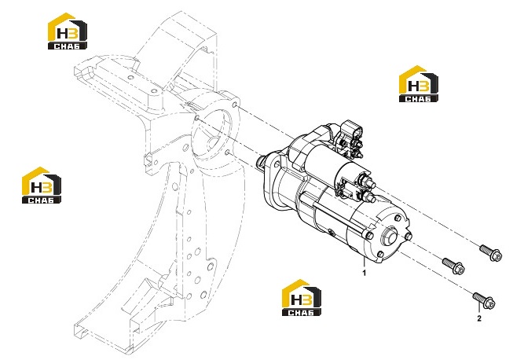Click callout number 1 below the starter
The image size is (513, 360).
coord(365,273)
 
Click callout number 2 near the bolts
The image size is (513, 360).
coord(479,318)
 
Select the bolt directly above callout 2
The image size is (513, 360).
coord(484,300)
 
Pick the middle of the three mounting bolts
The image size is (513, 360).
coord(453,266)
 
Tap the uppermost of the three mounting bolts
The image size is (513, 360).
coord(490,253)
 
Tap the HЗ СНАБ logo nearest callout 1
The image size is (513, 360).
coord(302,297)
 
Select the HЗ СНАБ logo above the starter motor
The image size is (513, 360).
coord(419,84)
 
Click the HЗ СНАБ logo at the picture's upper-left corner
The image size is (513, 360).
coord(68,31)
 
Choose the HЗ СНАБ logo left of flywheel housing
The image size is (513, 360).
coord(42,186)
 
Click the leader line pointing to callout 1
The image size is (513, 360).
coord(365,263)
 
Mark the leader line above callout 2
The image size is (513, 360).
coord(479,308)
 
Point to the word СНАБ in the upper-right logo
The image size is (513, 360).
coord(419,98)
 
